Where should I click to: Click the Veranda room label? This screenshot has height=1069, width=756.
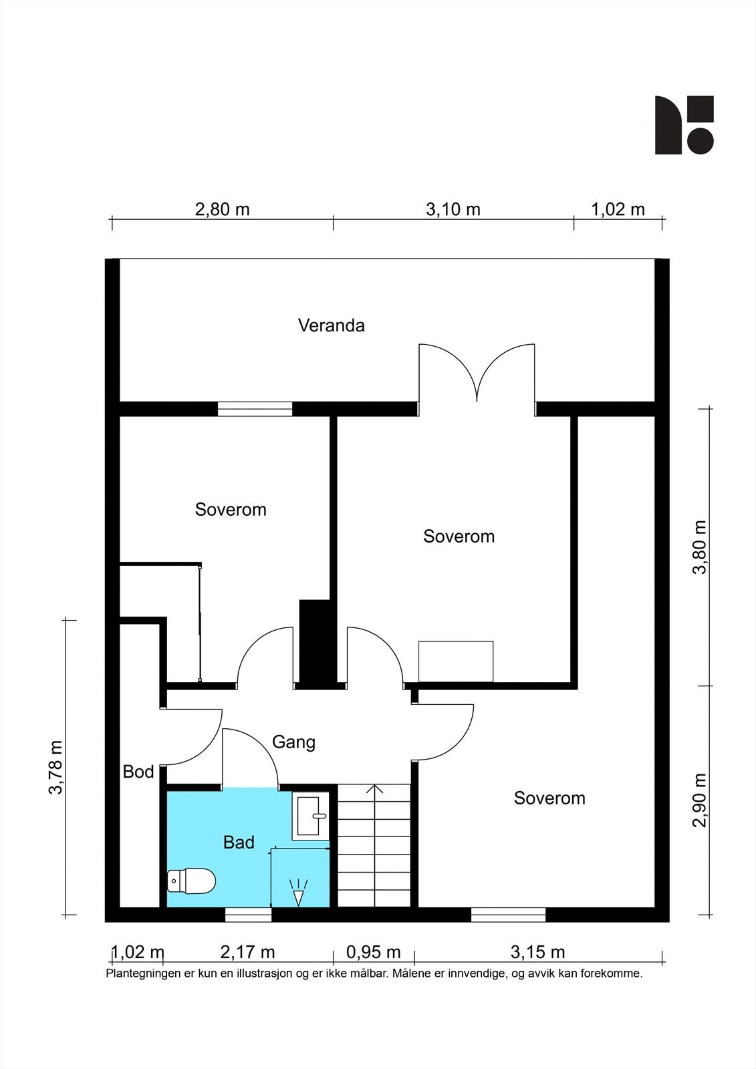[x=332, y=325]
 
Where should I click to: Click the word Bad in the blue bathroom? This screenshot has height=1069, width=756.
[x=239, y=843]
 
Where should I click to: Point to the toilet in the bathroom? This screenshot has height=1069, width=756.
[x=191, y=881]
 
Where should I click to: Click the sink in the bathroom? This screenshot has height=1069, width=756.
[x=311, y=817]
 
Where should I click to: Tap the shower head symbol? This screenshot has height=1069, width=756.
[x=299, y=893]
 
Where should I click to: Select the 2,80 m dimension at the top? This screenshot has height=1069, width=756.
[x=223, y=210]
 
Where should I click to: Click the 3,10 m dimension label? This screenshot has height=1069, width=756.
[x=453, y=210]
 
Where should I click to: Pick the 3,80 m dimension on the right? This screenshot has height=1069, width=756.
[x=699, y=547]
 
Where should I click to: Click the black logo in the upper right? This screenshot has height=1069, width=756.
[x=684, y=125]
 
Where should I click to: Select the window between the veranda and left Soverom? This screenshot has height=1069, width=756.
[x=255, y=409]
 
